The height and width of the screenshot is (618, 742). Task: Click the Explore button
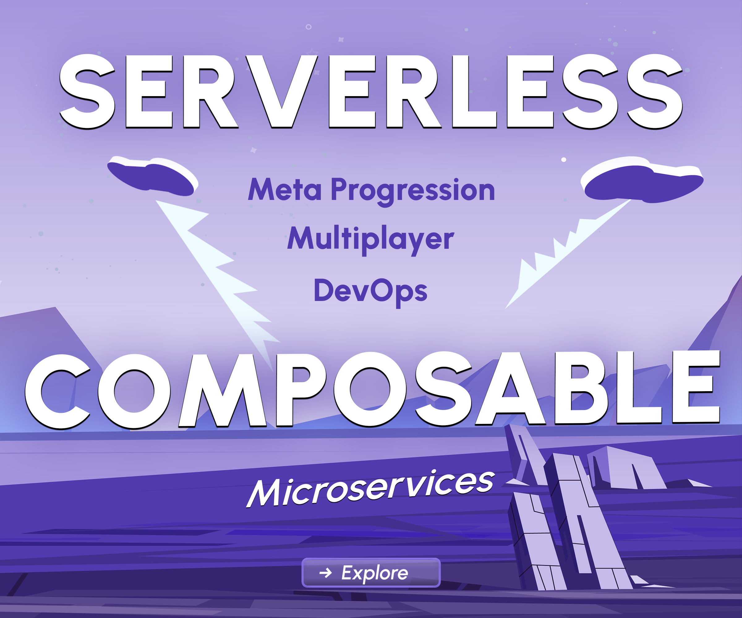371,573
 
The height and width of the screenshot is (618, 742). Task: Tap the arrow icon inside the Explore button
326,573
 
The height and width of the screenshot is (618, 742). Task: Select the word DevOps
371,292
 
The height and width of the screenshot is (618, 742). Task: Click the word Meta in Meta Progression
285,190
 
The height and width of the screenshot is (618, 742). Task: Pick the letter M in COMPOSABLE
223,390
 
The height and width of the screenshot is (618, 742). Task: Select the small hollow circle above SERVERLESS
309,27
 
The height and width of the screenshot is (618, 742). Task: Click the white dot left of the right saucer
564,160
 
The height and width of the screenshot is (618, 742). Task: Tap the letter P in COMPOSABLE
300,390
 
